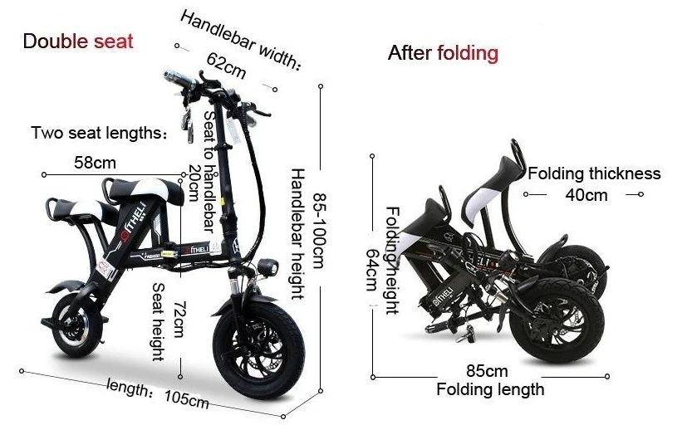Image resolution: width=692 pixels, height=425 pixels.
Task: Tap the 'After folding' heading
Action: tap(443, 54)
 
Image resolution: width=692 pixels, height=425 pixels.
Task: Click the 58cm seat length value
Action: tap(95, 162)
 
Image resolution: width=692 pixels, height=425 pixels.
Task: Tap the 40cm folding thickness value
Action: tap(586, 195)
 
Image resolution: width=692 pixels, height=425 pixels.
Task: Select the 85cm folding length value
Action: tap(487, 370)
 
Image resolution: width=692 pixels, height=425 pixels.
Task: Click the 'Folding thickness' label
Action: tap(594, 173)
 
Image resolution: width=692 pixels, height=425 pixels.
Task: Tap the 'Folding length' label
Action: tap(490, 389)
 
